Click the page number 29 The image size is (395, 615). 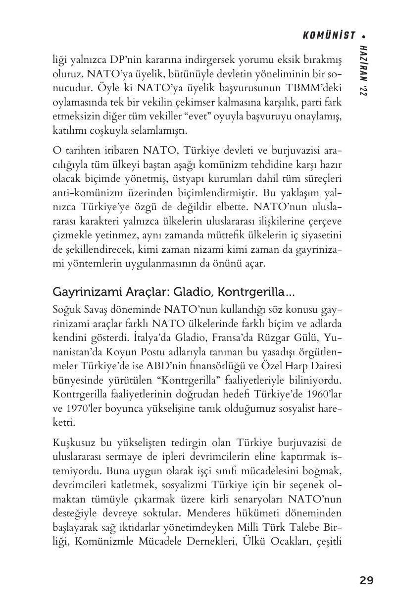pyautogui.click(x=366, y=580)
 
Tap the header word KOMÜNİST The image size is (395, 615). pyautogui.click(x=329, y=35)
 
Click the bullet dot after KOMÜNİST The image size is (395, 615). pyautogui.click(x=364, y=36)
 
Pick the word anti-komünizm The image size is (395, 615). pyautogui.click(x=85, y=193)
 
